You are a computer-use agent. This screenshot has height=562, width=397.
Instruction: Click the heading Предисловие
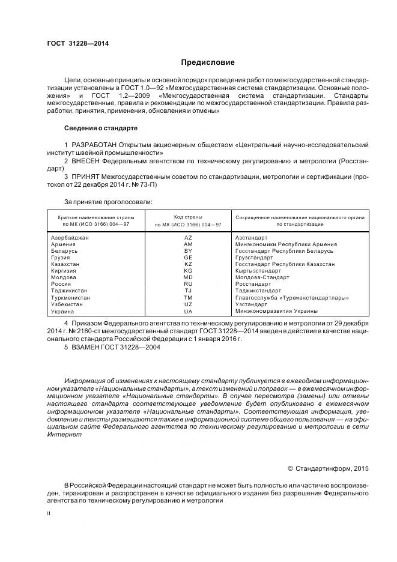pos(208,62)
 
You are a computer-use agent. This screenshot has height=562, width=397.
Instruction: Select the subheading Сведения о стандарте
pos(100,128)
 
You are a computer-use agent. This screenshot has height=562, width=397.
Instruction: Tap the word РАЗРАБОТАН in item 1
pos(97,145)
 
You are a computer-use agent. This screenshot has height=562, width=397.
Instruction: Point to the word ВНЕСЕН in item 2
pos(89,162)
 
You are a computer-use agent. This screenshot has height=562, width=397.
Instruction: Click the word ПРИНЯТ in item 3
pos(88,178)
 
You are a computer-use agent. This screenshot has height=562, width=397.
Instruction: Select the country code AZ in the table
pos(188,238)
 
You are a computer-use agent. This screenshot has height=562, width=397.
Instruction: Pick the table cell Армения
pos(64,244)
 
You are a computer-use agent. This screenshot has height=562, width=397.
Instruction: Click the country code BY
pos(188,251)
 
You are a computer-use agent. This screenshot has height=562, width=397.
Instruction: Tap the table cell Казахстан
pos(65,264)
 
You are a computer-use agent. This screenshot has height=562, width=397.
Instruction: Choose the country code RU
pos(188,284)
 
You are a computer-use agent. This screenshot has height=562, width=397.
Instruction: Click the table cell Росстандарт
pos(253,284)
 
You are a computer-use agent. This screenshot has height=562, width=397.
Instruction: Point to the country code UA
pos(188,311)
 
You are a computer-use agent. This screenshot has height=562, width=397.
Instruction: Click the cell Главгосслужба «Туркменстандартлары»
pos(292,297)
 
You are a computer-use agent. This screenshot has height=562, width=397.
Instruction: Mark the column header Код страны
pos(188,216)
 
